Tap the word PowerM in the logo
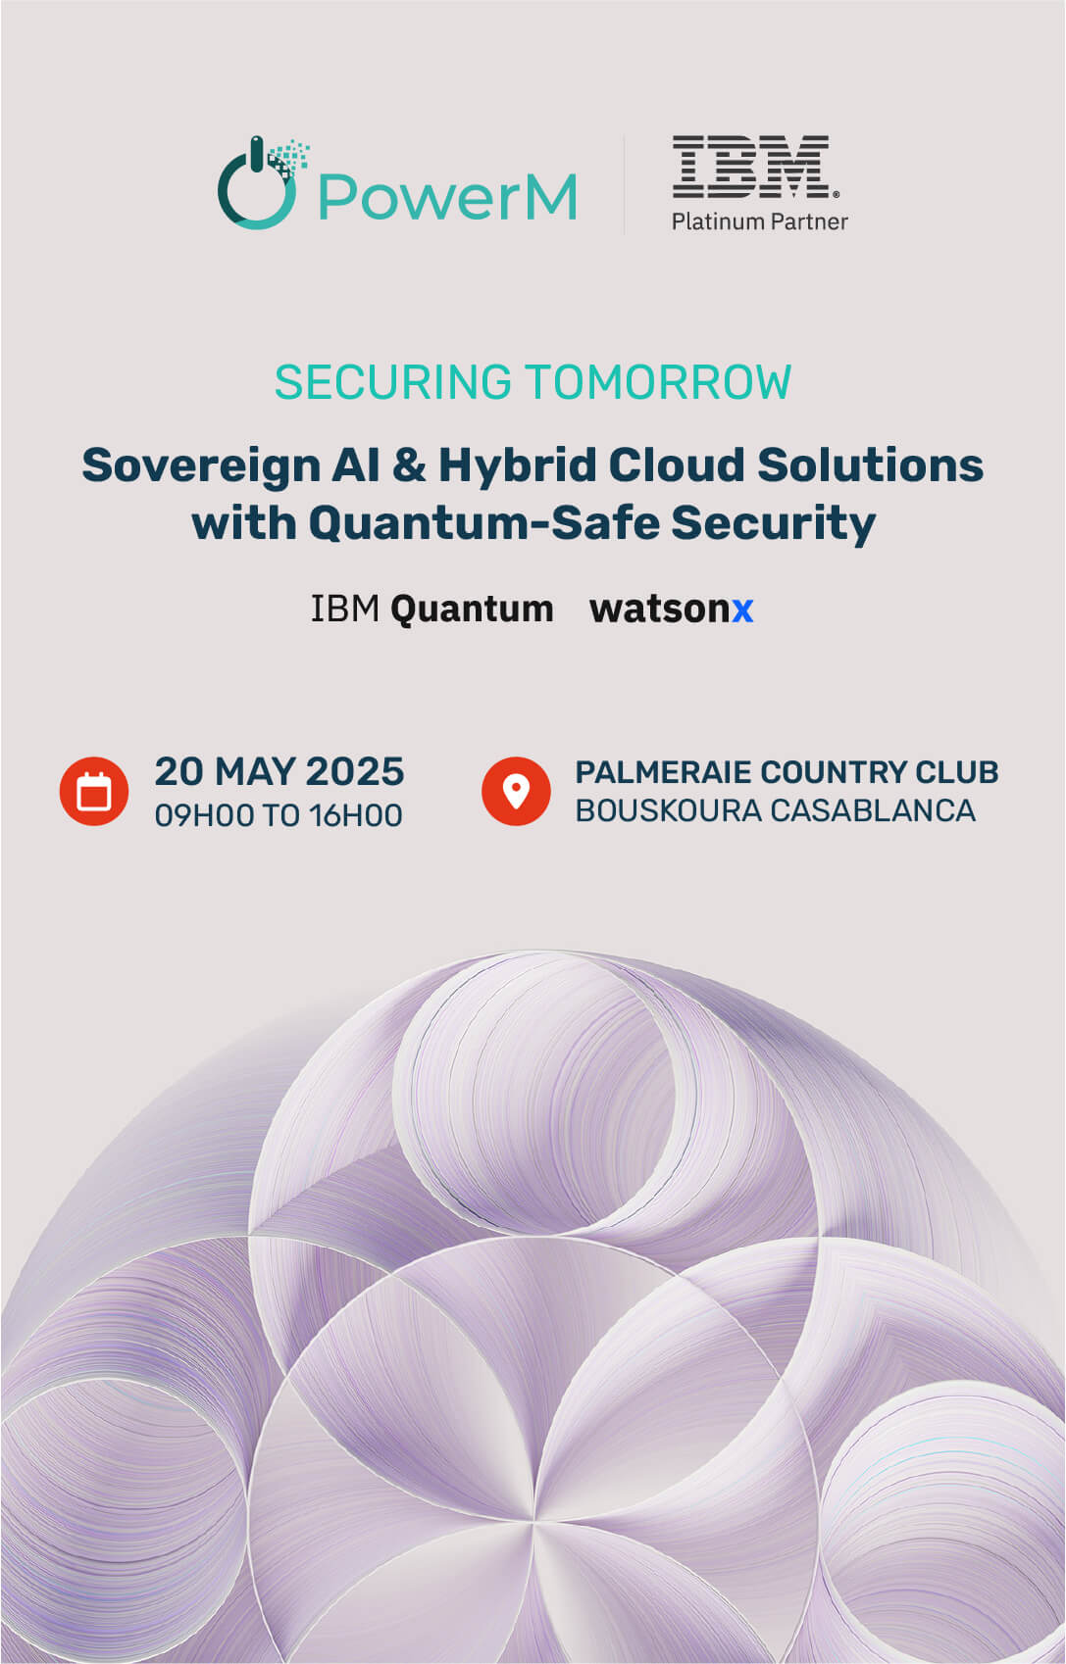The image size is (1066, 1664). [x=447, y=196]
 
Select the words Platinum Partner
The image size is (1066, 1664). [x=760, y=221]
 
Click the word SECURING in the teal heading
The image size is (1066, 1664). [x=393, y=382]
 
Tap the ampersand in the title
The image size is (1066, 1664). [x=409, y=465]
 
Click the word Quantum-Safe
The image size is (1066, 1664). [x=484, y=523]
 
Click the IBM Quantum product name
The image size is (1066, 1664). [x=431, y=610]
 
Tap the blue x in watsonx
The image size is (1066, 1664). [x=742, y=611]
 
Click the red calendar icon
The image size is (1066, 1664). [x=94, y=791]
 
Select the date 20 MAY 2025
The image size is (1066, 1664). [x=279, y=771]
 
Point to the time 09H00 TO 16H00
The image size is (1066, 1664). [x=279, y=815]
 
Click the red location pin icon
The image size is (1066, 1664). [x=516, y=791]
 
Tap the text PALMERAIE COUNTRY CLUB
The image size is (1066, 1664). [x=787, y=772]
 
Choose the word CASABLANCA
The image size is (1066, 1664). [x=873, y=810]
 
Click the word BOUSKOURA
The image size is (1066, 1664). [x=669, y=810]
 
